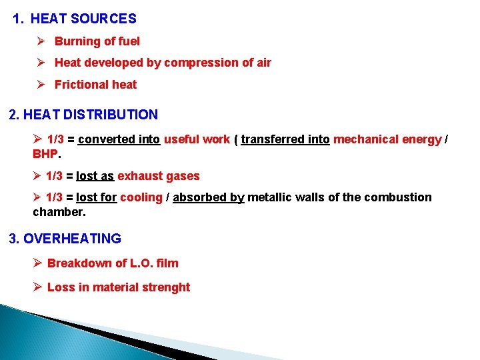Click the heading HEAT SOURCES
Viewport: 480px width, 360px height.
click(83, 19)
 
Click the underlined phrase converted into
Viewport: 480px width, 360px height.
click(119, 139)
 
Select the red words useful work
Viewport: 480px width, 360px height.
click(197, 139)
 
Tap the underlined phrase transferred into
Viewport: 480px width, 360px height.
click(285, 139)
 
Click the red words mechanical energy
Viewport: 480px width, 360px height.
click(387, 139)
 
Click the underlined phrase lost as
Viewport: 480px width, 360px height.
click(95, 176)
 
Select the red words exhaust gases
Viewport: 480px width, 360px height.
click(159, 176)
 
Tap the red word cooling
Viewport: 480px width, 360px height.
click(141, 197)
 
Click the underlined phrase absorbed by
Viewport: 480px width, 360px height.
click(209, 197)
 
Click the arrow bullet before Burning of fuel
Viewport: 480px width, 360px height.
click(41, 41)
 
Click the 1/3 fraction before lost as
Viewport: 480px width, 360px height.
click(55, 176)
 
